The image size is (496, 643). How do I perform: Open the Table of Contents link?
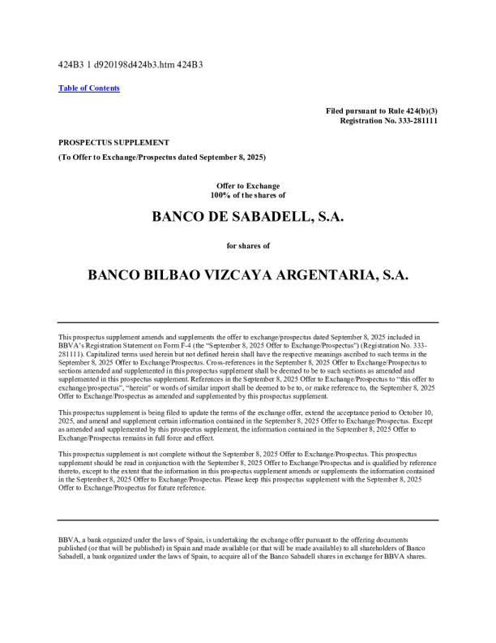click(x=89, y=88)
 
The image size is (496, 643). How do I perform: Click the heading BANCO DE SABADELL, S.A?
click(x=248, y=217)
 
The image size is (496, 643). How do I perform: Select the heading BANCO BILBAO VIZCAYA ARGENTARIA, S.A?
click(x=248, y=275)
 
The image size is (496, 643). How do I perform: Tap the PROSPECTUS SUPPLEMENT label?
click(x=113, y=142)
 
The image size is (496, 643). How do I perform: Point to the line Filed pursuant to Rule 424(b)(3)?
click(x=382, y=110)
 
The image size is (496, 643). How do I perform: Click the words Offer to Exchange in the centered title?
click(x=248, y=186)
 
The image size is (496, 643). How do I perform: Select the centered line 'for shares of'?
click(x=248, y=244)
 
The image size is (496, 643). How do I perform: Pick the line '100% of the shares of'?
click(x=248, y=196)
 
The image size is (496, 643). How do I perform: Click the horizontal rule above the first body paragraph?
click(x=248, y=322)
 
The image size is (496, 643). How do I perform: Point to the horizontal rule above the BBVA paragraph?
click(x=248, y=520)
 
